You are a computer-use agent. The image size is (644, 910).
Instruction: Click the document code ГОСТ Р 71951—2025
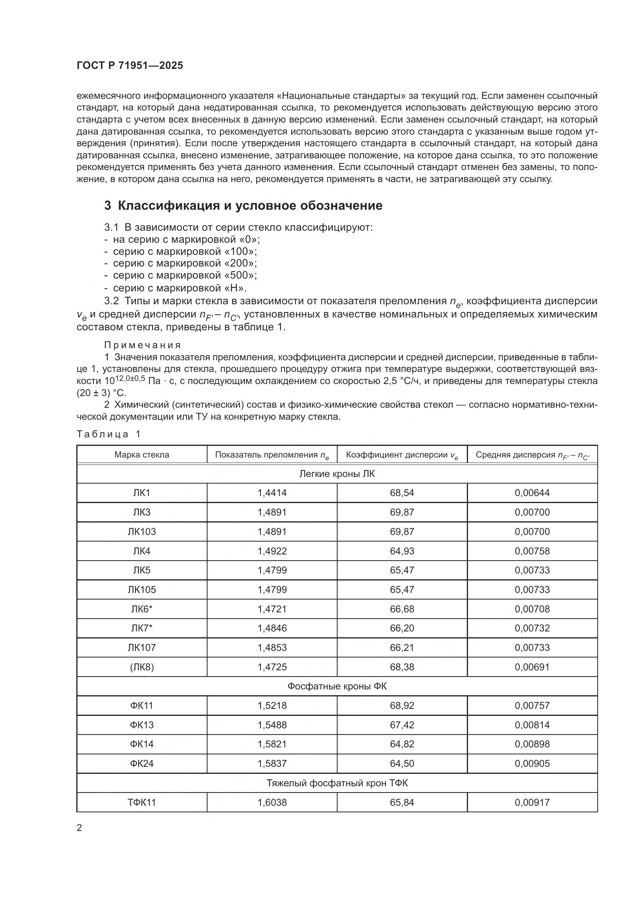[x=130, y=66]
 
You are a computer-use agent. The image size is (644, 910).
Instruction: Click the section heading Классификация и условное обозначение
[x=243, y=206]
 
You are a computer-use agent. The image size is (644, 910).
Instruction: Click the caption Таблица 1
[x=109, y=435]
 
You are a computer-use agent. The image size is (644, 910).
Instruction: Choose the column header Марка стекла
[x=142, y=454]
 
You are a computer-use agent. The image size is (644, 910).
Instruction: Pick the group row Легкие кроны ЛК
[x=337, y=474]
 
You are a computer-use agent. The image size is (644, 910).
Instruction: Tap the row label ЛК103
[x=142, y=532]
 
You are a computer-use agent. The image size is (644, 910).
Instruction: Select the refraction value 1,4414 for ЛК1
[x=272, y=493]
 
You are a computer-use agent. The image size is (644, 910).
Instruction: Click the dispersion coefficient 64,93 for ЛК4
[x=402, y=551]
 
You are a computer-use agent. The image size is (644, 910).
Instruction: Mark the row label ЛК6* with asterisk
[x=142, y=609]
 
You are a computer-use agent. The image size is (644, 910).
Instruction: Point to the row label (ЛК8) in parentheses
[x=142, y=667]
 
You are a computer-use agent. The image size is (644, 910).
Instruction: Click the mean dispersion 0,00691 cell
[x=532, y=667]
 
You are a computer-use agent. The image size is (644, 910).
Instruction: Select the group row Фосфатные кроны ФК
[x=337, y=686]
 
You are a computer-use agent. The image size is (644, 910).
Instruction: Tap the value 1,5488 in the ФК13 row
[x=272, y=725]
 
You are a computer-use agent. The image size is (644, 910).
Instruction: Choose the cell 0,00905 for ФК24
[x=532, y=763]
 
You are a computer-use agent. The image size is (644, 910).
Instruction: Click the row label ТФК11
[x=142, y=803]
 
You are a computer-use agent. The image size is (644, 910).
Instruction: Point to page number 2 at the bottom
[x=79, y=828]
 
